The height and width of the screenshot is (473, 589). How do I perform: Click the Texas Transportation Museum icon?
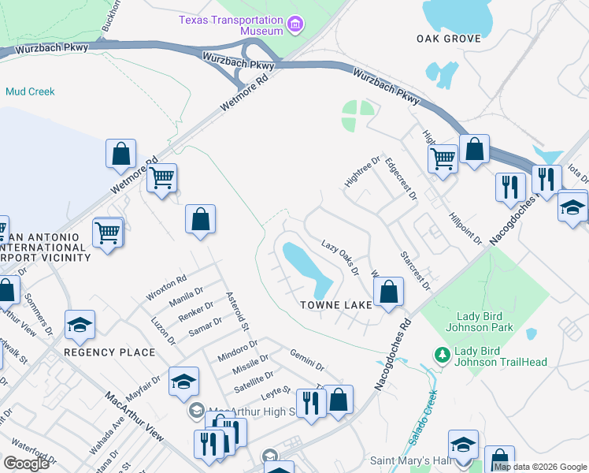[295, 25]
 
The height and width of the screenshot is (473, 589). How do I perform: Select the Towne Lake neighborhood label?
[335, 305]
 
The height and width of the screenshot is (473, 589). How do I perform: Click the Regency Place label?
[109, 352]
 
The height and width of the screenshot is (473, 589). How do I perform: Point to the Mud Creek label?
[30, 91]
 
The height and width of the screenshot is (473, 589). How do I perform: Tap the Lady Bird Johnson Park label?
[479, 322]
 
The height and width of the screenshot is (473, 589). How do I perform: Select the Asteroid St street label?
[237, 311]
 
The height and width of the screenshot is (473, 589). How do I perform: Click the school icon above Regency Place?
[80, 324]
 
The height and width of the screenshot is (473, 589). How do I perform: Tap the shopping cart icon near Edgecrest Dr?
[443, 158]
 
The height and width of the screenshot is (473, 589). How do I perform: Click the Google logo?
[26, 464]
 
